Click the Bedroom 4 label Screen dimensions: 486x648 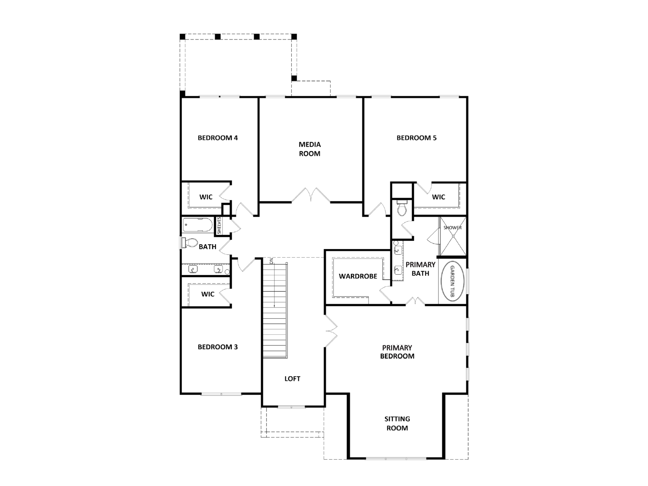218,138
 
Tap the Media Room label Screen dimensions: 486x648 310,149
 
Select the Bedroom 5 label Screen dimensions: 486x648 416,138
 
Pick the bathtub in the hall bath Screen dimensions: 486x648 198,225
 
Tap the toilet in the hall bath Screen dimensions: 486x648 190,243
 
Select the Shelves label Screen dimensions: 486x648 219,225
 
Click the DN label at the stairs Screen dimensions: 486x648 271,261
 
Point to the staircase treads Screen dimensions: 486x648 275,310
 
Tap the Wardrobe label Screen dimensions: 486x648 358,276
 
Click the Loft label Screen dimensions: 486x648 292,379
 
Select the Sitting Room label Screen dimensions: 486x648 397,423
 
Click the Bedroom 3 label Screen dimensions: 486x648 218,347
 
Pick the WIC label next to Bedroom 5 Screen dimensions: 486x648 438,197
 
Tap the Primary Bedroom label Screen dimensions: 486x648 397,352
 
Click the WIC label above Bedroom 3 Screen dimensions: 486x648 208,294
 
